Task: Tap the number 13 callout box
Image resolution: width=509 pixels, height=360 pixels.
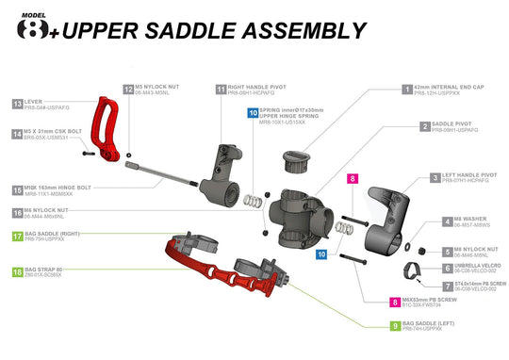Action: pos(18,103)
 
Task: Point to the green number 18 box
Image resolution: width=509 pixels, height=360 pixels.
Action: pos(18,271)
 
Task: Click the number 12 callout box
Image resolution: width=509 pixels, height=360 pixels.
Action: pos(128,89)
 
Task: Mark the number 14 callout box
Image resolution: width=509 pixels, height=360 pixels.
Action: pos(18,134)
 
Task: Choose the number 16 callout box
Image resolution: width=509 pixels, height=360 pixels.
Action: pos(18,214)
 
